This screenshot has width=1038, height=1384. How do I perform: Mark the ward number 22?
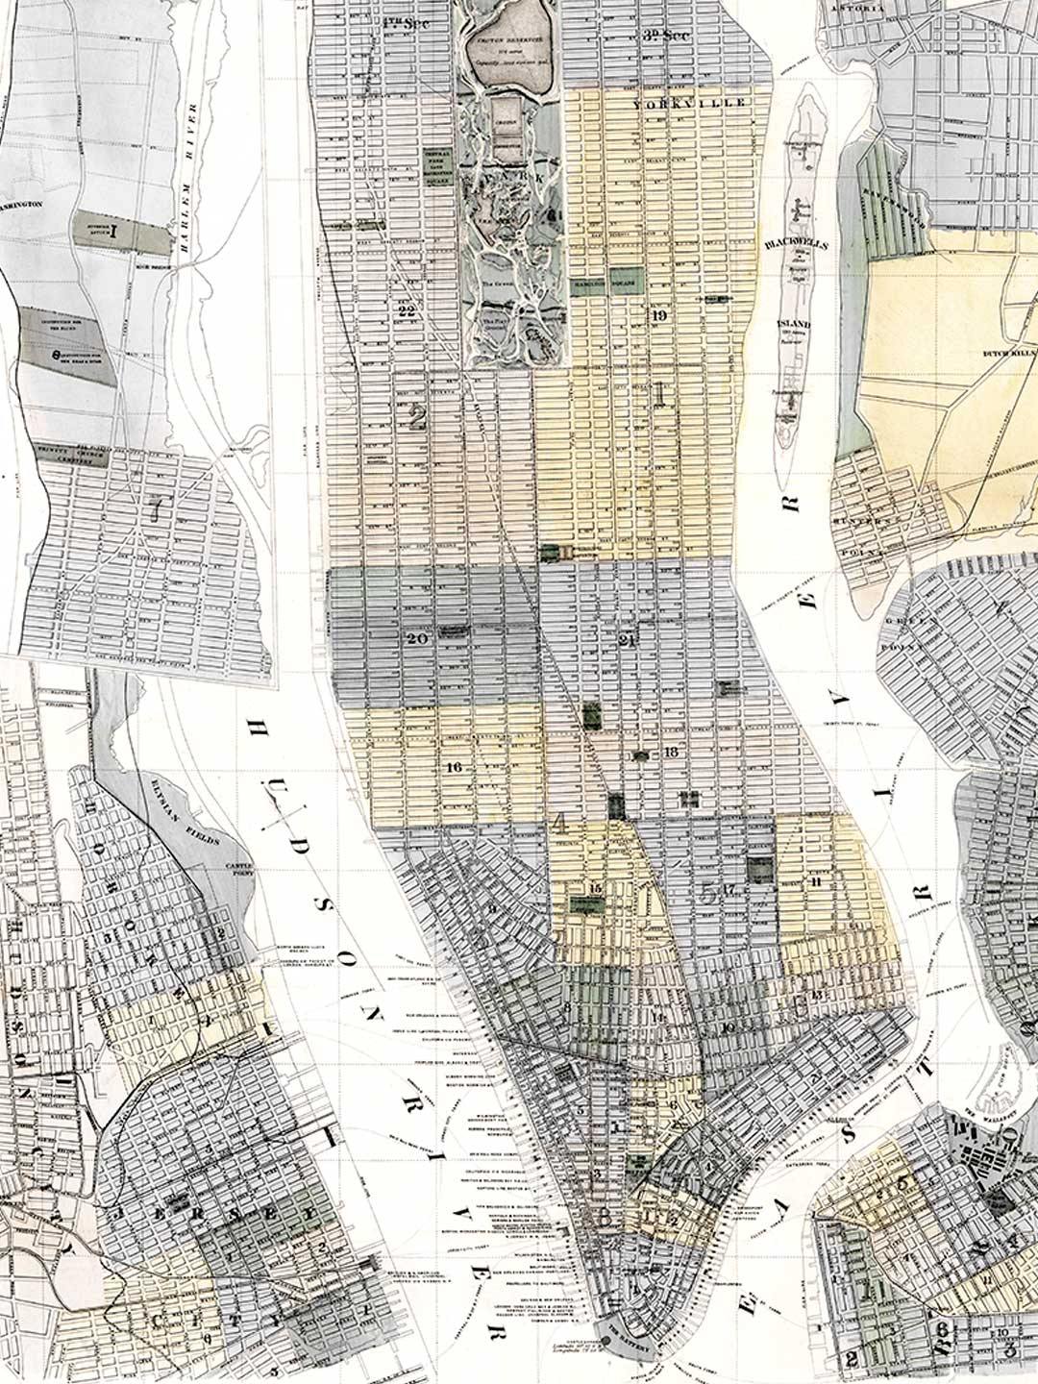coord(406,310)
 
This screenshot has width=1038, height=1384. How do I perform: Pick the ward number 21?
coord(630,640)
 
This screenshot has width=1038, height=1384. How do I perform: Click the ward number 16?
coord(455,766)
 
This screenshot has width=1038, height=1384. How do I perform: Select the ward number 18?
coord(670,751)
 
